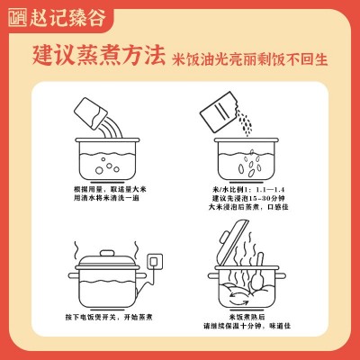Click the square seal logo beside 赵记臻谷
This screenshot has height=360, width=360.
tap(17, 18)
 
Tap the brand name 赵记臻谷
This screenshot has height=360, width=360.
tap(67, 18)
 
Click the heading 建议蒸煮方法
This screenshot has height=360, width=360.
tap(99, 56)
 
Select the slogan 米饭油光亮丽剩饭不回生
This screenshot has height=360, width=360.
tap(249, 58)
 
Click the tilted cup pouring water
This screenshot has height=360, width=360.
tap(91, 113)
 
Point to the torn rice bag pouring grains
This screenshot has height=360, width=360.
tap(219, 112)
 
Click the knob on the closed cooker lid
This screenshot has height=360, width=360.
tap(108, 253)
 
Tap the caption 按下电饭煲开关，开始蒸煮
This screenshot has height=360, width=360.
tap(109, 317)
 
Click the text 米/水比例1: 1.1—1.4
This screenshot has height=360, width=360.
tap(248, 190)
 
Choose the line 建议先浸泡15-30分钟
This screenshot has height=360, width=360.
tap(248, 198)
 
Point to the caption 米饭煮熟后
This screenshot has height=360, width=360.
tap(247, 317)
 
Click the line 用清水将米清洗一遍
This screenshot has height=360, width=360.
tap(107, 198)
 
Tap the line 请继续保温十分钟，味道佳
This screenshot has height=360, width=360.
tap(247, 326)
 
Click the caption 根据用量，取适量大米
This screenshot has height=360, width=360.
tap(110, 190)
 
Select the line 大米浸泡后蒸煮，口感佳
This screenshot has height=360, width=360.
tap(248, 207)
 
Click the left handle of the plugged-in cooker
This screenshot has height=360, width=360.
tap(74, 275)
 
